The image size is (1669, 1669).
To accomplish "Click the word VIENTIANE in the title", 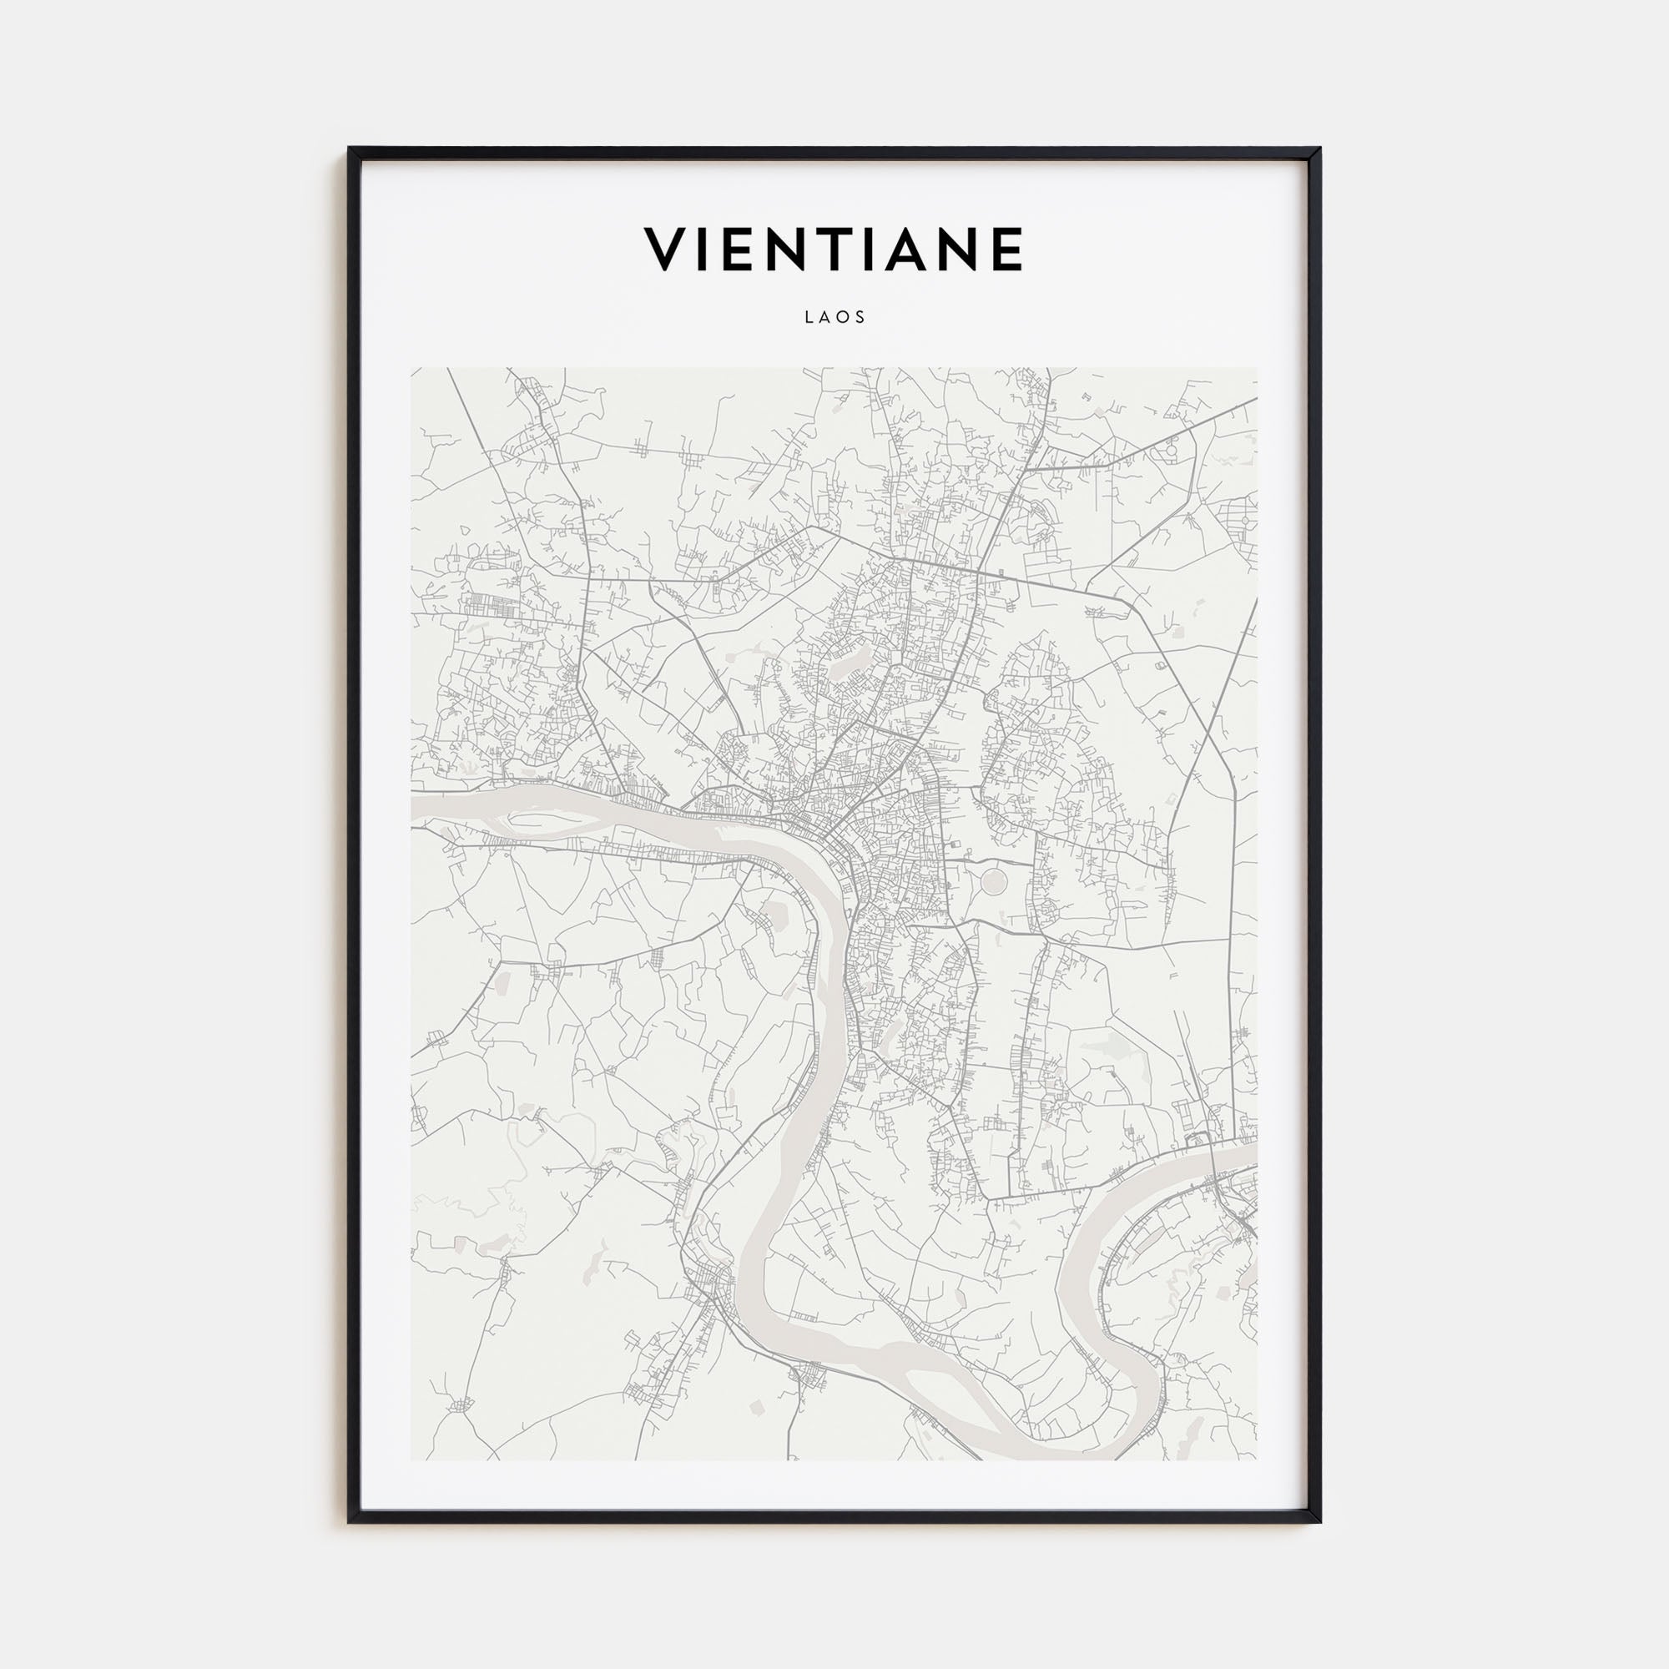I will tap(834, 250).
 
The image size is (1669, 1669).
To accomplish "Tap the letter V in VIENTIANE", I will tap(666, 250).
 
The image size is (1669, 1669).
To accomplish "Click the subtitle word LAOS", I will tap(834, 317).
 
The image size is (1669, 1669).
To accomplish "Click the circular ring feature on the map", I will tap(993, 882).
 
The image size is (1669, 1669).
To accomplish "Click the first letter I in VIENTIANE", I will tap(707, 250).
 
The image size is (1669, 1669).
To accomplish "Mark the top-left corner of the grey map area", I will tap(412, 369).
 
